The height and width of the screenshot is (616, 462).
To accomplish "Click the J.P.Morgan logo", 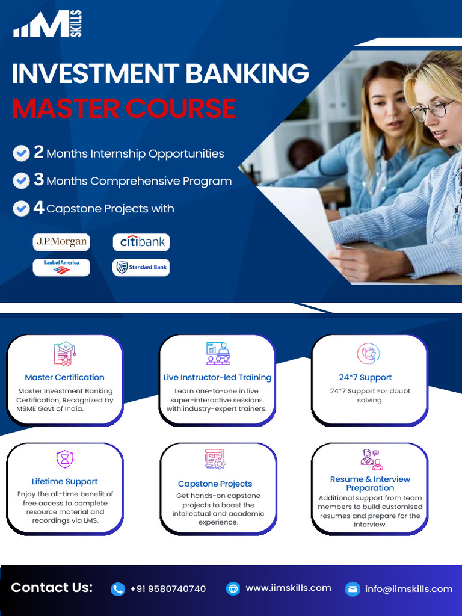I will tap(61, 242).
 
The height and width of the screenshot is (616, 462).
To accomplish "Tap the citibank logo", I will tap(141, 242).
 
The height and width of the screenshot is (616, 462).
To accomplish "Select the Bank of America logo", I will tap(61, 267).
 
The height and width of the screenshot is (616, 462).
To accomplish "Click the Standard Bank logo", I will tap(141, 267).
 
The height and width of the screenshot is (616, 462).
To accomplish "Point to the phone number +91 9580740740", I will tap(168, 589).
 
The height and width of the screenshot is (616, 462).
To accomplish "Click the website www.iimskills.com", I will tap(288, 588).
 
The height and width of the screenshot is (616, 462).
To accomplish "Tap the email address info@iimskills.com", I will tap(408, 589).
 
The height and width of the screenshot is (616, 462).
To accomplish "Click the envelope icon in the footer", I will tap(353, 589).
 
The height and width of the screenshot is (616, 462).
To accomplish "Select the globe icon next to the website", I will tap(233, 589).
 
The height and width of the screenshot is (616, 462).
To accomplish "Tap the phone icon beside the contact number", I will tap(118, 589).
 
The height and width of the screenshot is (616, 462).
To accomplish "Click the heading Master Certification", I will tap(64, 377).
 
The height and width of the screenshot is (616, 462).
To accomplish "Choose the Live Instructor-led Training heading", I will tap(217, 377).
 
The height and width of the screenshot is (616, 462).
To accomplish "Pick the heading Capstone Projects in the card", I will tap(215, 484).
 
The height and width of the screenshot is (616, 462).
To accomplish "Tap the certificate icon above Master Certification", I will tap(64, 354).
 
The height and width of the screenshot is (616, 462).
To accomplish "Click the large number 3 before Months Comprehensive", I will tap(38, 180).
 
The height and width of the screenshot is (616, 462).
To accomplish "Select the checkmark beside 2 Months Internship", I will tap(21, 153).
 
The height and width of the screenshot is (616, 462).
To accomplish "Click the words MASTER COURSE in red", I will tap(123, 108).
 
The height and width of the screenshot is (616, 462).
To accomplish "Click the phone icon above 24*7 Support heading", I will tap(368, 354).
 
